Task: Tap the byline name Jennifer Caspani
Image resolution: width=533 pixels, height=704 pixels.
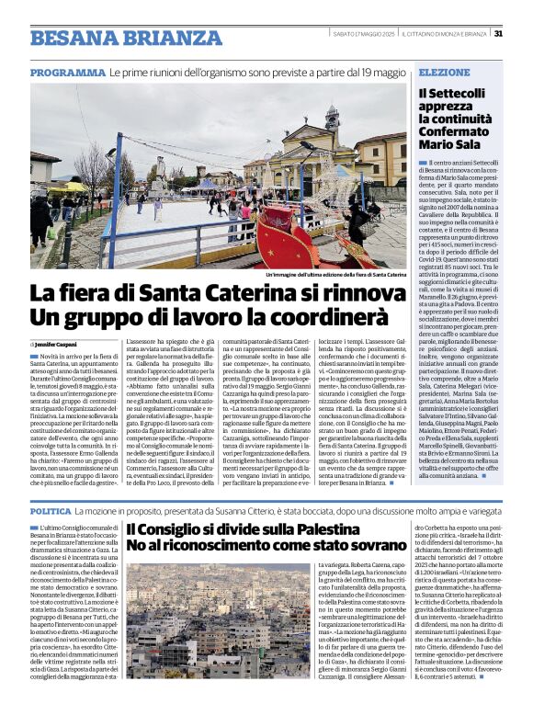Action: coord(62,343)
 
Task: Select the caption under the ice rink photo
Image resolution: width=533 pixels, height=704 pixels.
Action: coord(335,275)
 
